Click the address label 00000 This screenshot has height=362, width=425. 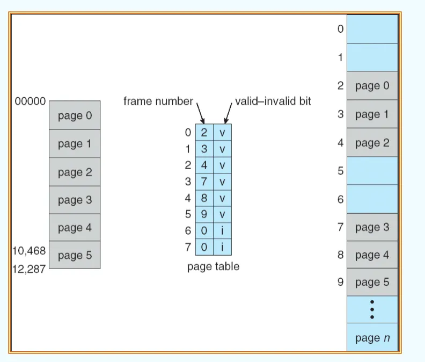click(x=30, y=101)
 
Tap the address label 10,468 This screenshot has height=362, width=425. click(x=29, y=251)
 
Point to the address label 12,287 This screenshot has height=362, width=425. click(x=29, y=269)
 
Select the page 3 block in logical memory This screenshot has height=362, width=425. click(x=75, y=200)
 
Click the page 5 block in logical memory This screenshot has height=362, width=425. click(x=75, y=255)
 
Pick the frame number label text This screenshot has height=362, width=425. click(x=158, y=101)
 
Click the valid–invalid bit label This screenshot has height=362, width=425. click(x=273, y=101)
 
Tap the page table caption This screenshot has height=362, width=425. click(x=214, y=266)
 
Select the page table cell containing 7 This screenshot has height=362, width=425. click(x=204, y=182)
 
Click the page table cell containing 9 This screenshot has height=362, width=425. click(x=204, y=214)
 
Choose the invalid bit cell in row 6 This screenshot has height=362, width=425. click(x=223, y=230)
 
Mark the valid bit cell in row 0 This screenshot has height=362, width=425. click(x=223, y=133)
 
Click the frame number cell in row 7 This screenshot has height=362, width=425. click(x=204, y=247)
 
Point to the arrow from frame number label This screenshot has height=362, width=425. click(x=201, y=113)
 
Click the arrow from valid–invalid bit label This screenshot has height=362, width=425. click(x=228, y=113)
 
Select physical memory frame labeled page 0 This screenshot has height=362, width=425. click(x=372, y=86)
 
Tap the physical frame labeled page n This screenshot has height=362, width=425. click(x=372, y=338)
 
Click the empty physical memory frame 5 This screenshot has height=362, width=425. click(x=372, y=171)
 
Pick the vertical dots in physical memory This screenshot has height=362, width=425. click(x=372, y=309)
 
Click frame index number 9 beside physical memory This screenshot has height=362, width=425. click(x=341, y=282)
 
